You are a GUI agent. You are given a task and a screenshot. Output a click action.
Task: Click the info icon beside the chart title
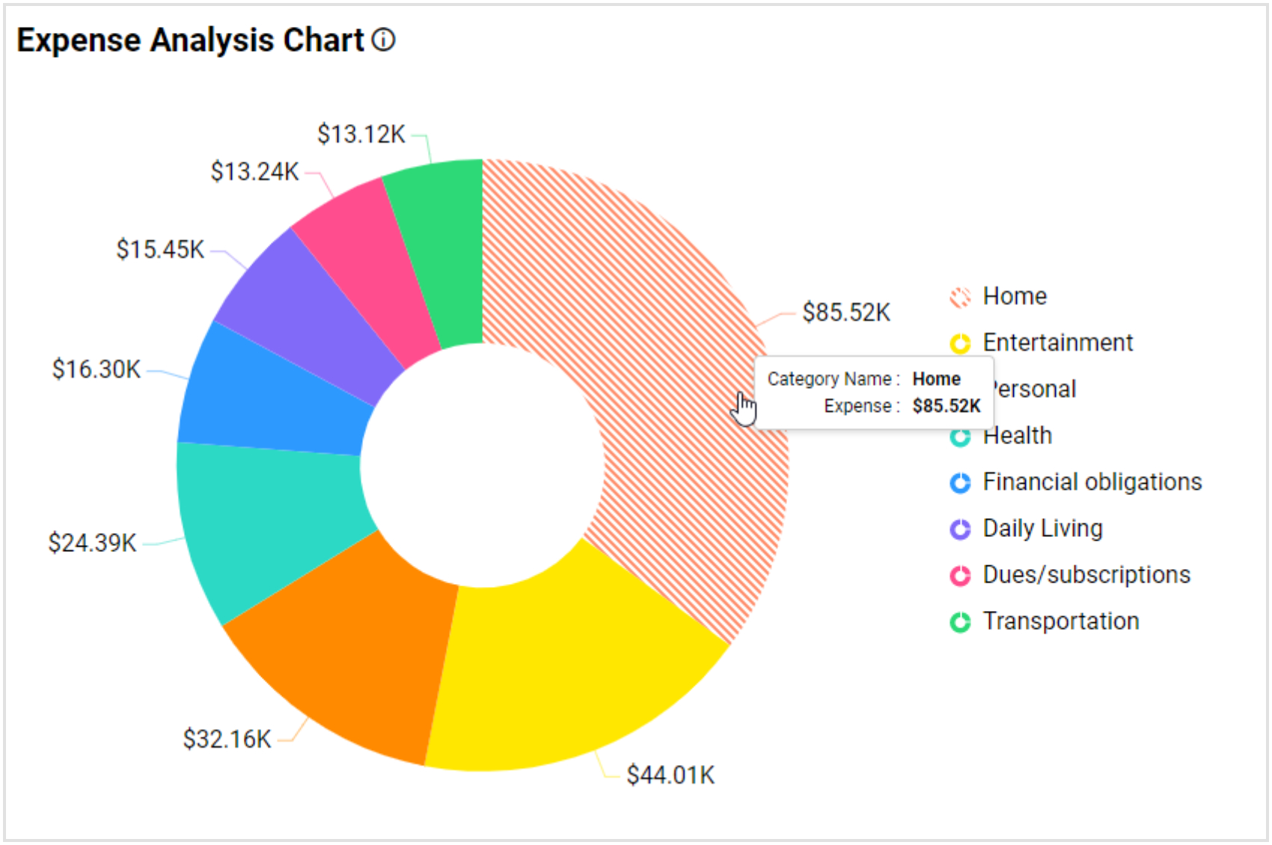point(383,40)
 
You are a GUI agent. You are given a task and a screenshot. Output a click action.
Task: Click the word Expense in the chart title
point(79,40)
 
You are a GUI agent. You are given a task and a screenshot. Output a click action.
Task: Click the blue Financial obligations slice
point(273,396)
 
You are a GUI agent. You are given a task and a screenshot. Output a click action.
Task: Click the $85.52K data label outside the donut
point(846,313)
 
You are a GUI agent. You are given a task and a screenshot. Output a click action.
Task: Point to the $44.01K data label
point(670,775)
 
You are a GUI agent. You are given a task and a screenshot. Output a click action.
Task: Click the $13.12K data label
point(361,135)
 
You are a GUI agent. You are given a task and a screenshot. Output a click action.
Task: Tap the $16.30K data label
point(96,369)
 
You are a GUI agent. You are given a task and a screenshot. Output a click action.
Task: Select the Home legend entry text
point(1015,296)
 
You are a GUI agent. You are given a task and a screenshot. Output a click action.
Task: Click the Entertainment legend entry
point(1057,342)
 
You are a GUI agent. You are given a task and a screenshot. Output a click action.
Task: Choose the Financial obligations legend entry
point(1092,482)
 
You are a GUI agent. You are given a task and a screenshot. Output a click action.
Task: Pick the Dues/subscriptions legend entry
point(1086,575)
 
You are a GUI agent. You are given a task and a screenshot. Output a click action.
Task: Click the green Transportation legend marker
point(960,622)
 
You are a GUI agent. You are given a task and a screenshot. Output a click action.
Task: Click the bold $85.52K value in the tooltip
point(946,406)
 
